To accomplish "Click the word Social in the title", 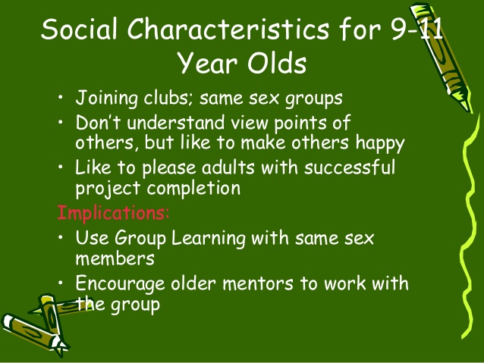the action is (x=80, y=29).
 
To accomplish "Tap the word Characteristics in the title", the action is (x=228, y=29).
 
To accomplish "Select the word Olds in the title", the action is (x=277, y=62).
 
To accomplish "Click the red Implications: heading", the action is (x=113, y=212).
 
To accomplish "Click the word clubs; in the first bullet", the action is (x=168, y=98).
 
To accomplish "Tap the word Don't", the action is (x=98, y=122).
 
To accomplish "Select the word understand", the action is (x=176, y=122).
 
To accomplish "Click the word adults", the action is (x=228, y=167).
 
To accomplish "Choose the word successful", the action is (x=350, y=167).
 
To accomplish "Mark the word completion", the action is (x=193, y=188).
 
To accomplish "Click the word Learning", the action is (x=209, y=239).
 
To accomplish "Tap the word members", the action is (x=115, y=258).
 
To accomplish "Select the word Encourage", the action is (x=120, y=283).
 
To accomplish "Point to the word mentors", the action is (x=258, y=283).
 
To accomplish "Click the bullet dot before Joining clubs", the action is (x=61, y=98).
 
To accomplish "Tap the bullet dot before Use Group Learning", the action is (x=61, y=237).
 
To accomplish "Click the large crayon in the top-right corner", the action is (x=442, y=57).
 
